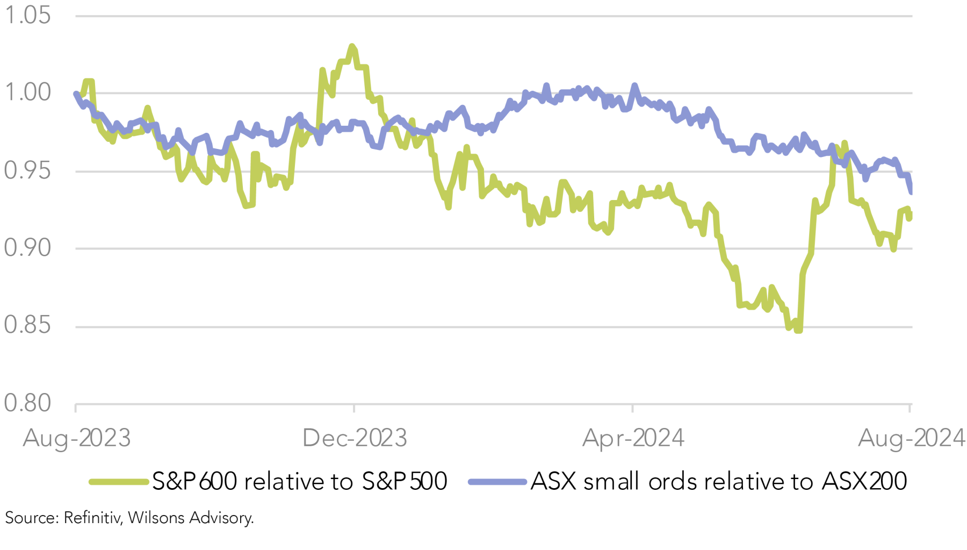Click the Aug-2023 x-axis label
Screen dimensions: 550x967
tap(77, 438)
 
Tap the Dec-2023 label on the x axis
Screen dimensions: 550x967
tap(355, 438)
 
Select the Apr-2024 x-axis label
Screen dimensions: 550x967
tap(633, 438)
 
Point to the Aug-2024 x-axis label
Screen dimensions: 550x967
tap(911, 438)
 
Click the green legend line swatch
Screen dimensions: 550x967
tap(118, 482)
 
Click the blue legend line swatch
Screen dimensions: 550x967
tap(497, 482)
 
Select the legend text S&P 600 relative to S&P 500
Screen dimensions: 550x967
tap(299, 481)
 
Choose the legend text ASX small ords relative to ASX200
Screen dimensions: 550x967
tap(719, 481)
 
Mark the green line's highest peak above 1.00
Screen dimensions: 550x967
tap(352, 46)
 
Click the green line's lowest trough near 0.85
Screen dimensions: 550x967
tap(798, 330)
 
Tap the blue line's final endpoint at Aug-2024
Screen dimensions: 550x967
tap(911, 191)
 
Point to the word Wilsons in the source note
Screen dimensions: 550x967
tap(153, 518)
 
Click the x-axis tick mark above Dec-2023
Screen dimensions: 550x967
tap(354, 408)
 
